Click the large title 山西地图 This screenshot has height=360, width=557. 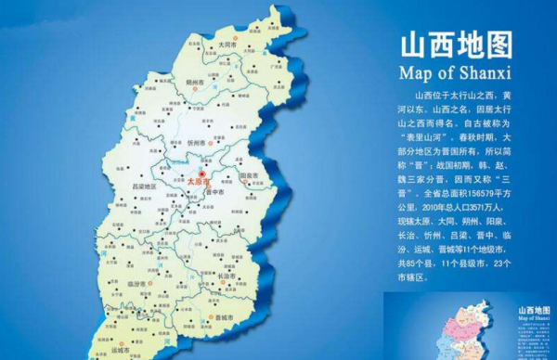[x=454, y=46]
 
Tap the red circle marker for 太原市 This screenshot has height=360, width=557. [x=202, y=173]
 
